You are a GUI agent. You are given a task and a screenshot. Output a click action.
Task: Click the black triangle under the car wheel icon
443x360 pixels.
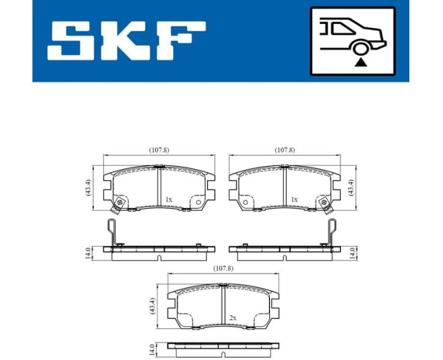(360, 61)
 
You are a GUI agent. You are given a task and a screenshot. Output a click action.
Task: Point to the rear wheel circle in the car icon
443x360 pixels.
(361, 48)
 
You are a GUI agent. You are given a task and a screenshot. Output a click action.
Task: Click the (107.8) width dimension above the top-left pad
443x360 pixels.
(158, 150)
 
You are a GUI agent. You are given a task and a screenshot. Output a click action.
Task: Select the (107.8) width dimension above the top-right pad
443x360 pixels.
(285, 150)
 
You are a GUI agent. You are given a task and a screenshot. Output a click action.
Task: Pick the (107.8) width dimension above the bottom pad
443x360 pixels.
(223, 269)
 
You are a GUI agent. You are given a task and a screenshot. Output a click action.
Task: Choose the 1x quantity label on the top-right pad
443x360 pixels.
(294, 199)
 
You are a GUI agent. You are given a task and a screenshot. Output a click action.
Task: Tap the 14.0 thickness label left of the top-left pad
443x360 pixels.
(88, 253)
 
